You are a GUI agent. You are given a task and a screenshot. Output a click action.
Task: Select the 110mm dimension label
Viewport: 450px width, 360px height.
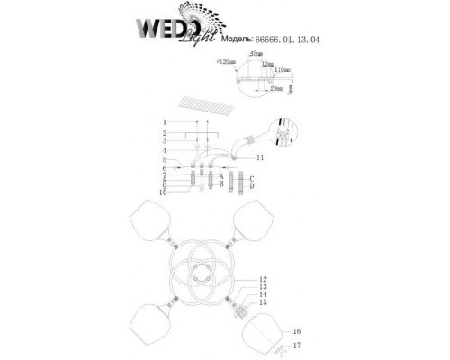[282, 70]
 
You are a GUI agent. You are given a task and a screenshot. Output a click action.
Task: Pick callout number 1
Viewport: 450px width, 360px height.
[165, 121]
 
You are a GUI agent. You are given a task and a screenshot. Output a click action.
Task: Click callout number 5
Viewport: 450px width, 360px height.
[165, 158]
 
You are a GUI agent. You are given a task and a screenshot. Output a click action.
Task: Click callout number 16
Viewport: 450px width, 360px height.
[298, 332]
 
